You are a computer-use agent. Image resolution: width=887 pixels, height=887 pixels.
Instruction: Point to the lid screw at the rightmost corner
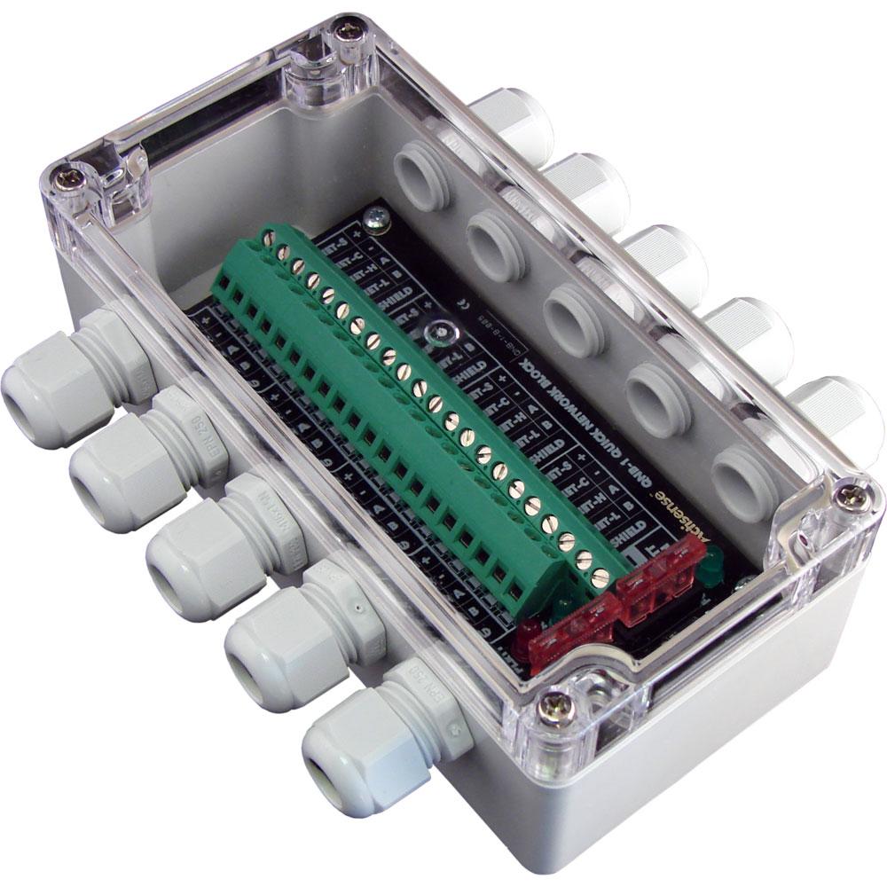854,498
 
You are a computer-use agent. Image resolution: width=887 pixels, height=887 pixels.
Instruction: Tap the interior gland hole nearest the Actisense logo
741,483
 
